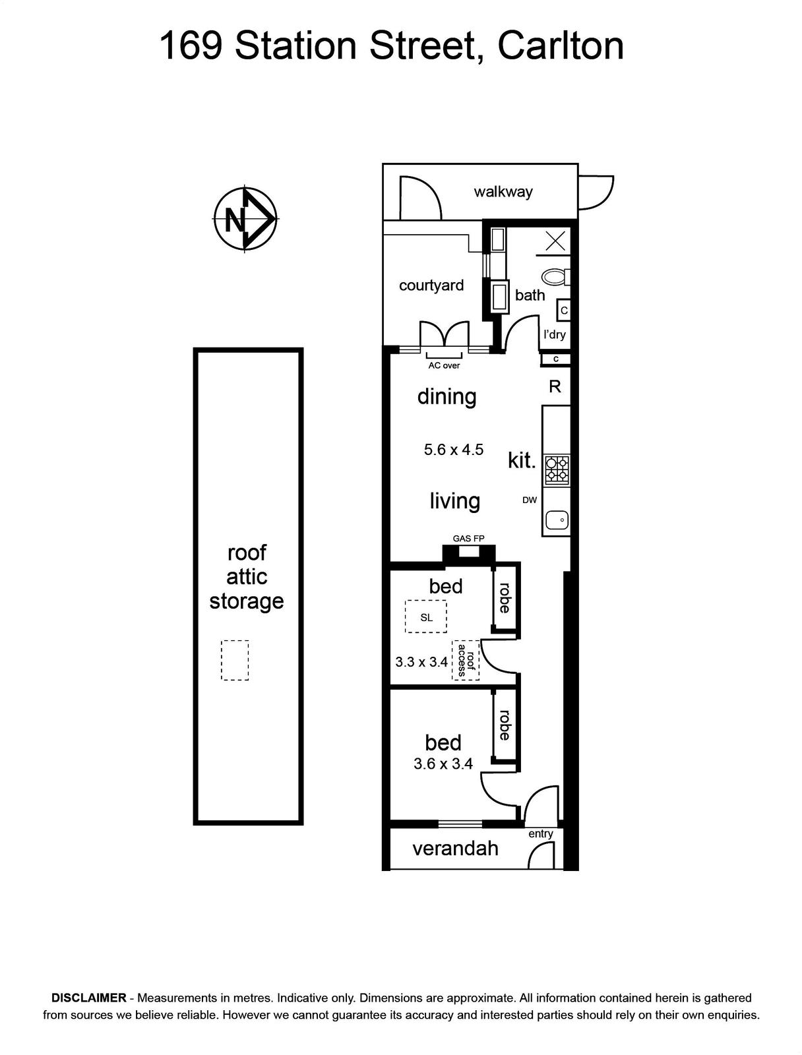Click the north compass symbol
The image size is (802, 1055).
coord(245,219)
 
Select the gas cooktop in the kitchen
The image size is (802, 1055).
coord(557,469)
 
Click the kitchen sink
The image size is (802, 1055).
coord(557,520)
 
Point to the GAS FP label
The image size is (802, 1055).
coord(468,538)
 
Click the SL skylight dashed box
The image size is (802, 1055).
coord(426,617)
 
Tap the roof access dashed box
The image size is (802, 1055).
coord(465,660)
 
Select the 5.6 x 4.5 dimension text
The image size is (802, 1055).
coord(453,450)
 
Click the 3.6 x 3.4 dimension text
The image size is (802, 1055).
coord(443,764)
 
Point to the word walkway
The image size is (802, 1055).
coord(503,192)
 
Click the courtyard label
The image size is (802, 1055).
coord(431,286)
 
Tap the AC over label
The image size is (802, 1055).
coord(444,365)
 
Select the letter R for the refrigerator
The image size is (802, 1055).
coord(555,386)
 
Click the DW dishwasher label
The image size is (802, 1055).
coord(529,500)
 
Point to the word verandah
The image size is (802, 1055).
coord(455,849)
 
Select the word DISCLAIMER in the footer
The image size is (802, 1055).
coord(89,998)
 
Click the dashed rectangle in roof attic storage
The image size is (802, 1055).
coord(235,660)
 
